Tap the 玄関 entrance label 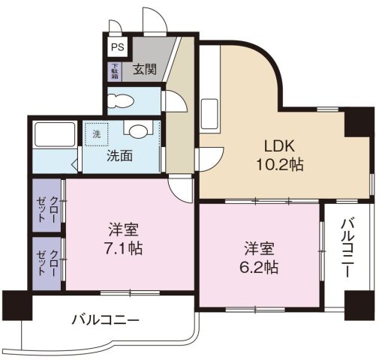pyautogui.click(x=146, y=70)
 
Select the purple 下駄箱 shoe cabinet pyautogui.click(x=115, y=71)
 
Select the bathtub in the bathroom pyautogui.click(x=53, y=136)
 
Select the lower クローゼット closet pyautogui.click(x=48, y=262)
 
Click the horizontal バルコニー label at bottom pyautogui.click(x=105, y=319)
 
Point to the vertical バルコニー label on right pyautogui.click(x=347, y=250)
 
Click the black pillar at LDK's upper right pyautogui.click(x=359, y=121)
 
